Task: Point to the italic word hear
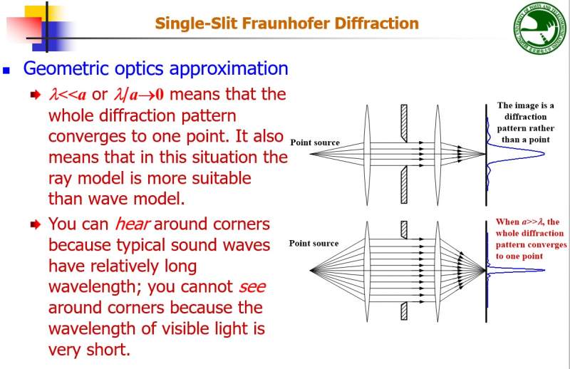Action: (133, 224)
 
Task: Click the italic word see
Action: (252, 287)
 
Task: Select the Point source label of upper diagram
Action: (315, 142)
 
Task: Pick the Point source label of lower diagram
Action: (313, 244)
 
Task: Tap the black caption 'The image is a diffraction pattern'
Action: (525, 123)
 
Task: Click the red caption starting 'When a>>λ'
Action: (532, 238)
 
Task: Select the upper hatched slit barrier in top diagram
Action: (404, 121)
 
